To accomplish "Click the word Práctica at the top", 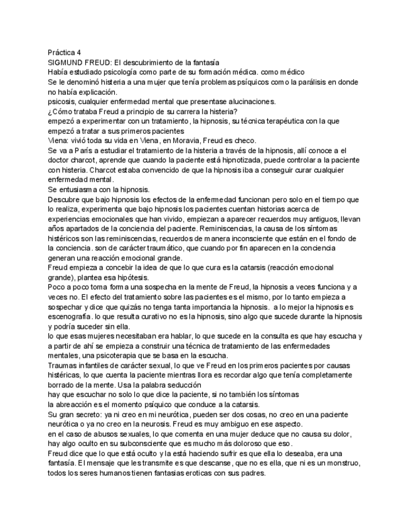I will (61, 53).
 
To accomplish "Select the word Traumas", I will (64, 365).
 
